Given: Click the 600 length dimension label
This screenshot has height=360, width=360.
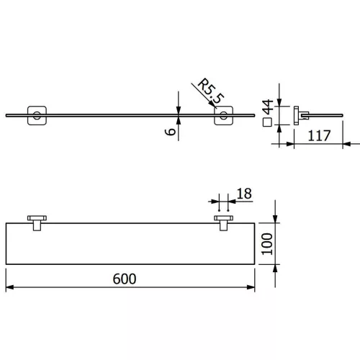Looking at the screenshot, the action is coord(125,279).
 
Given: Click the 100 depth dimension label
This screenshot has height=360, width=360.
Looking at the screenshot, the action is coord(267,244).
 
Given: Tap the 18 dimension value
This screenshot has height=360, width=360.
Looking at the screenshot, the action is coord(244,194).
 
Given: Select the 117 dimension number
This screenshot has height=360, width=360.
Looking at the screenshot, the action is coord(319,135).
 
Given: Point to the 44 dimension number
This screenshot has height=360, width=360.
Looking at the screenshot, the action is coord(268,107).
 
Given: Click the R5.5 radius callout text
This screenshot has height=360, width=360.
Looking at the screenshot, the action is coord(211,91).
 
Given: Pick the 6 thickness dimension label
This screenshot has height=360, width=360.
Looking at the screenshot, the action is coord(171,132).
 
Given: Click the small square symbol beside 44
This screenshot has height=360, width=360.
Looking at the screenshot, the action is coord(267,122).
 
